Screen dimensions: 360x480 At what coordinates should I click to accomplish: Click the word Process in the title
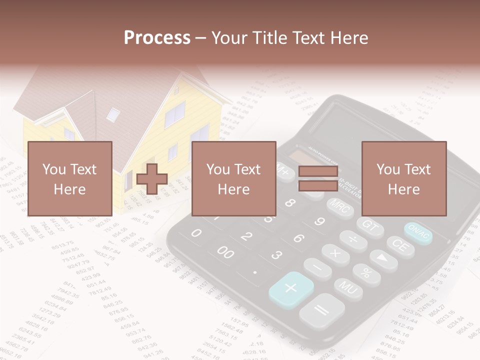click(x=157, y=37)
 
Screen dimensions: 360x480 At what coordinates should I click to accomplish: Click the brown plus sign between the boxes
click(x=152, y=178)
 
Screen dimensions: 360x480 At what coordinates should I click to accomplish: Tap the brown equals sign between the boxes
click(x=318, y=178)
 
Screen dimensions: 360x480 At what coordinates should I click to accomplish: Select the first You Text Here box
click(x=70, y=178)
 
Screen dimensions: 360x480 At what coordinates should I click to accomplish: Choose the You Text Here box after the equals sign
click(x=404, y=178)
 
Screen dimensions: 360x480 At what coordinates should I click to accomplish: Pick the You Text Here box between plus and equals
click(x=234, y=178)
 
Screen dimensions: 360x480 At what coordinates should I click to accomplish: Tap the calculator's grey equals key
click(x=321, y=310)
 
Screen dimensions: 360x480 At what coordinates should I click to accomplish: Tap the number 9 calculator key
click(x=319, y=221)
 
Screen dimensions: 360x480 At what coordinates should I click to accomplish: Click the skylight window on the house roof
click(x=113, y=114)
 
